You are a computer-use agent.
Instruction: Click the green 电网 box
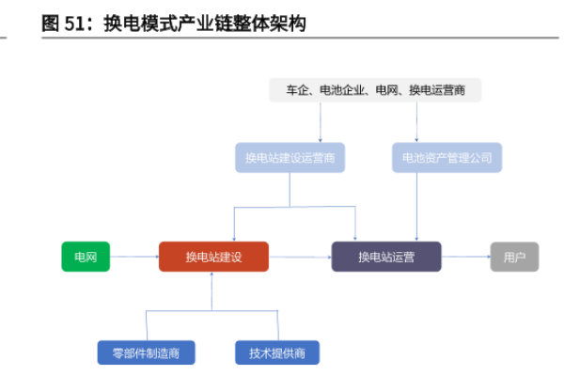pyautogui.click(x=86, y=257)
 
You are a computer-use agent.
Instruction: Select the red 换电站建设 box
pyautogui.click(x=213, y=257)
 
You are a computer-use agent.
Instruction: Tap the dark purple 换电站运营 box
pyautogui.click(x=386, y=257)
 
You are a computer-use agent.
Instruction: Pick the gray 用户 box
pyautogui.click(x=514, y=257)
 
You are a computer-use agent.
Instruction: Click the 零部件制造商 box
pyautogui.click(x=146, y=352)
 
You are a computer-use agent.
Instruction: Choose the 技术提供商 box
pyautogui.click(x=277, y=352)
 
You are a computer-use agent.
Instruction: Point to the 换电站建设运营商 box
pyautogui.click(x=290, y=157)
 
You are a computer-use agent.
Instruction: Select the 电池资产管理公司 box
pyautogui.click(x=447, y=157)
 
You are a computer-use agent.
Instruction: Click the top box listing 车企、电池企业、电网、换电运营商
pyautogui.click(x=375, y=90)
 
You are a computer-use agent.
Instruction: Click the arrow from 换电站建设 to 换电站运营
pyautogui.click(x=300, y=257)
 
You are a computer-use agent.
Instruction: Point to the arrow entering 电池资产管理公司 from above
pyautogui.click(x=417, y=122)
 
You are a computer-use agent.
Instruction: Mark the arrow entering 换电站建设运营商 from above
pyautogui.click(x=320, y=122)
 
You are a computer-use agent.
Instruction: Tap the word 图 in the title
pyautogui.click(x=51, y=23)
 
